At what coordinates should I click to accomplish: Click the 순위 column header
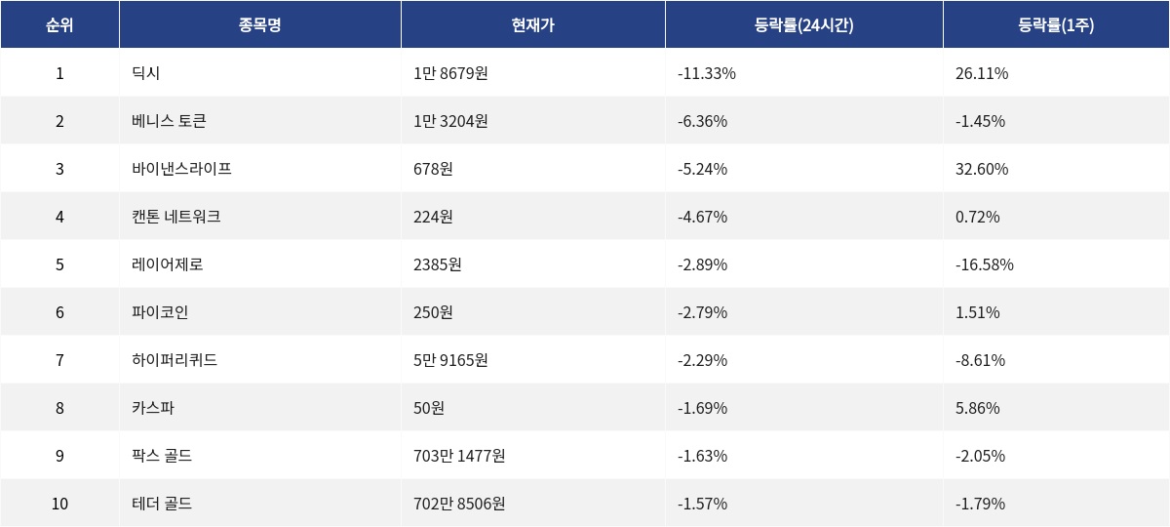pyautogui.click(x=59, y=25)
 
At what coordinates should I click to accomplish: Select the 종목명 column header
pyautogui.click(x=259, y=25)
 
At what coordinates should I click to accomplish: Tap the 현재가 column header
pyautogui.click(x=532, y=25)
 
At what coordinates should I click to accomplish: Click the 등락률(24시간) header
pyautogui.click(x=803, y=25)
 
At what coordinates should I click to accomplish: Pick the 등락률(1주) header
pyautogui.click(x=1055, y=25)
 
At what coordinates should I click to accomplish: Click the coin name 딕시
pyautogui.click(x=146, y=73)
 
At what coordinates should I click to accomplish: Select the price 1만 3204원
pyautogui.click(x=450, y=121)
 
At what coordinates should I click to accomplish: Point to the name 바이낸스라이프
pyautogui.click(x=181, y=169)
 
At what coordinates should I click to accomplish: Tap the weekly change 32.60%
pyautogui.click(x=982, y=169)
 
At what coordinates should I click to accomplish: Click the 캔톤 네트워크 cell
pyautogui.click(x=176, y=217)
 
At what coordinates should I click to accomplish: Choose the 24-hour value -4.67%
pyautogui.click(x=702, y=217)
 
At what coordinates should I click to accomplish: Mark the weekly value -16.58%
pyautogui.click(x=985, y=264)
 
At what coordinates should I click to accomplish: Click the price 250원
pyautogui.click(x=433, y=312)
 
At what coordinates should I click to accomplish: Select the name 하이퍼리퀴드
pyautogui.click(x=175, y=360)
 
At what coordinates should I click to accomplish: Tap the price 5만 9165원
pyautogui.click(x=450, y=360)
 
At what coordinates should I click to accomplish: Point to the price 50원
pyautogui.click(x=429, y=408)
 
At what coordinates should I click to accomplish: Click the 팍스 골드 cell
pyautogui.click(x=162, y=456)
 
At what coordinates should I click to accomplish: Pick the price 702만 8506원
pyautogui.click(x=459, y=504)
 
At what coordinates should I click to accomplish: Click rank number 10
pyautogui.click(x=59, y=504)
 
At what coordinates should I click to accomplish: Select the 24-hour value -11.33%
pyautogui.click(x=707, y=73)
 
